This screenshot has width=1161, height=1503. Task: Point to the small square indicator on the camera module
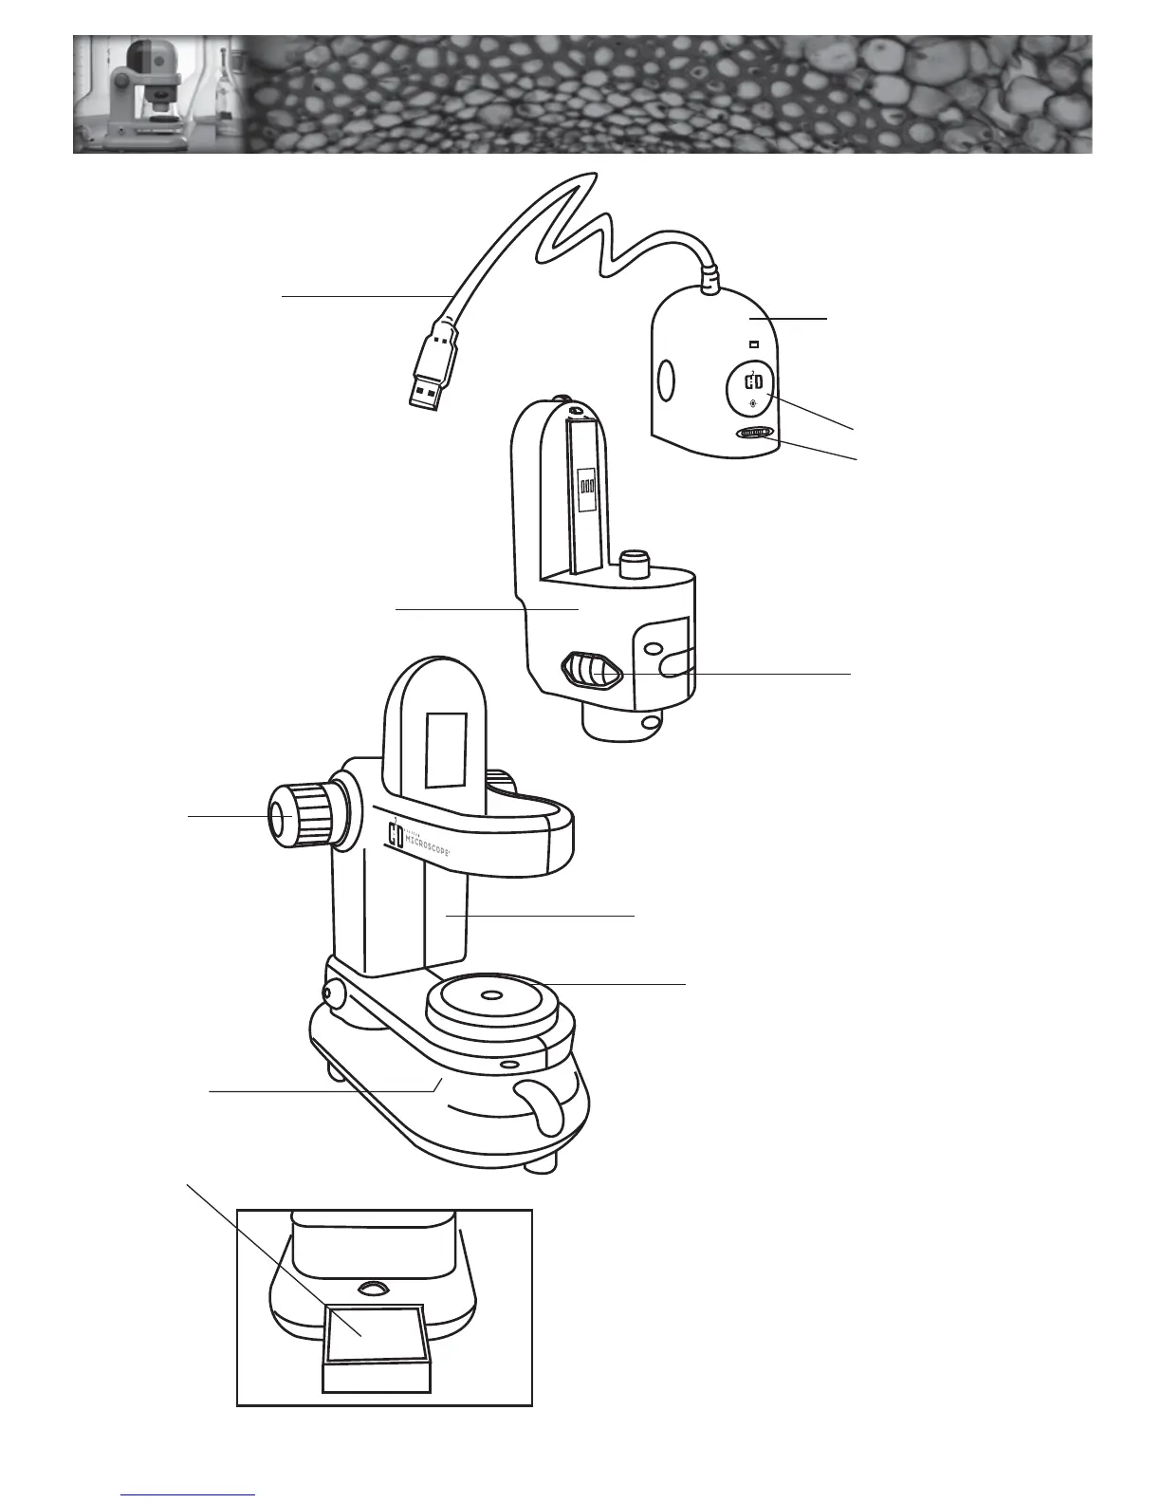[x=754, y=344]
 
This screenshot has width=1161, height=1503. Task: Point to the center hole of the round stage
[x=490, y=996]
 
